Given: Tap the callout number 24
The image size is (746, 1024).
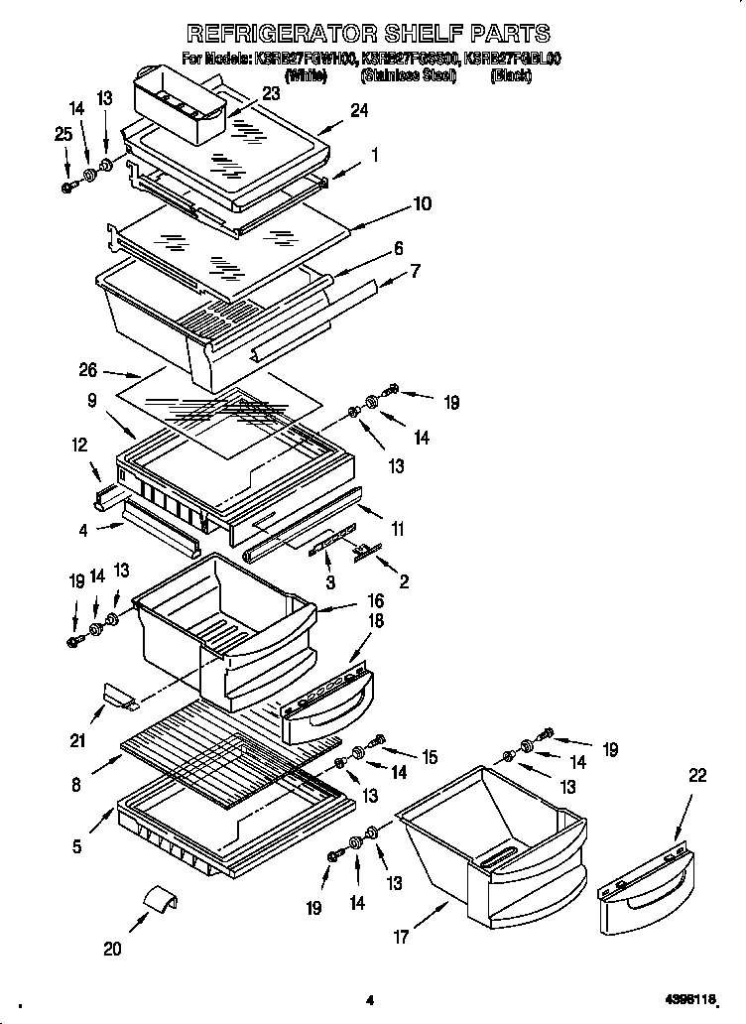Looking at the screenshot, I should pos(358,111).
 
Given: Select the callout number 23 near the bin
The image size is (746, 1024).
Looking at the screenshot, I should pos(271,94).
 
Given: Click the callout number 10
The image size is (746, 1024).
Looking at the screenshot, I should pos(422,203).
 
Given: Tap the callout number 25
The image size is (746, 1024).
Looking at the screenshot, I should pos(63,133).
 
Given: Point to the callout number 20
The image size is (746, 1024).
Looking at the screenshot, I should pos(112,950).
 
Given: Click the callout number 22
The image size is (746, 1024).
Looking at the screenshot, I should pos(697,775).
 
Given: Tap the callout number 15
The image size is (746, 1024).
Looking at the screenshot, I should pos(429,757).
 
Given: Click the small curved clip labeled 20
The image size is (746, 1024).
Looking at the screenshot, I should pos(159,900).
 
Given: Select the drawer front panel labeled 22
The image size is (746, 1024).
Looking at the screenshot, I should pos(645,883).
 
